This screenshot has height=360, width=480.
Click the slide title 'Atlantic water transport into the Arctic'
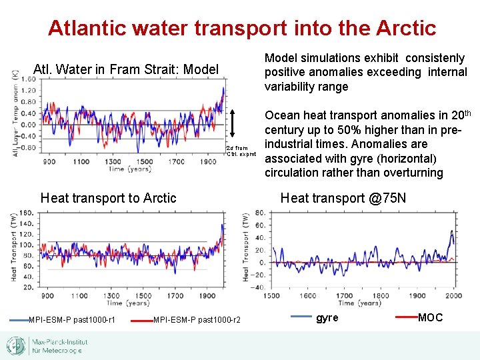pos(241,28)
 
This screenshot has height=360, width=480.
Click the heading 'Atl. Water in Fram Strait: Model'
pos(126,69)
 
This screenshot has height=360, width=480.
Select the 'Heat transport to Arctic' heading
pos(109,197)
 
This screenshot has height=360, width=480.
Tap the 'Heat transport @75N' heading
pos(343,197)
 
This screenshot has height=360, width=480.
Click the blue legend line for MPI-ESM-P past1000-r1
pos(18,321)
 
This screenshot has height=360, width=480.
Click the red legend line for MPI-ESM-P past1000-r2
pos(142,321)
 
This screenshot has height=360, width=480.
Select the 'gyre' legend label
pos(327,317)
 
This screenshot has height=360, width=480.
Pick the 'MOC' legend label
pos(430,317)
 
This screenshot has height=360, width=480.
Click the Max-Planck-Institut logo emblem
pos(16,345)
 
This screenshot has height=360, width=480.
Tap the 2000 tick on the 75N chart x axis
pos(454,295)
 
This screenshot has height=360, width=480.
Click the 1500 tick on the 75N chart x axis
pos(272,295)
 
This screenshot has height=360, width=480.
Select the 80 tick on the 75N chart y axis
pos(261,213)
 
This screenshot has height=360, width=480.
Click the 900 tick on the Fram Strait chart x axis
pos(49,162)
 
